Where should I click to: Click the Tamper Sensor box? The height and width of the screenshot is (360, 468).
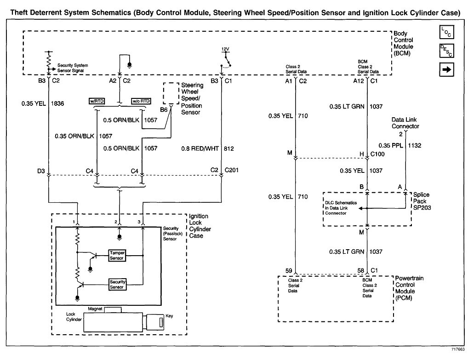point(117,255)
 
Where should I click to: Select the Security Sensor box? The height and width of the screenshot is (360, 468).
point(117,284)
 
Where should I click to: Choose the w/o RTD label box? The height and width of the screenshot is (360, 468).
point(142,101)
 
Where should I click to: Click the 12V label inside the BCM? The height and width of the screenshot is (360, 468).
point(225,49)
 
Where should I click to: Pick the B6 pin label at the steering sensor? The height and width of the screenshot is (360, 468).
point(164,110)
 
